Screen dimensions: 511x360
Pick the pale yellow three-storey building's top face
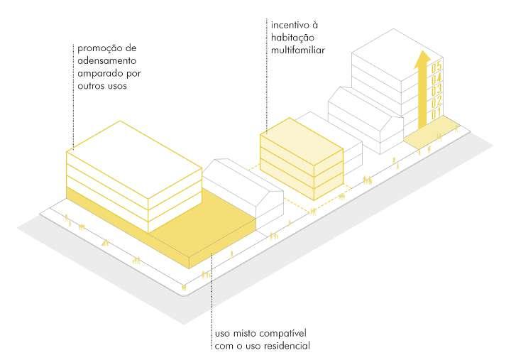pos(302,134)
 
